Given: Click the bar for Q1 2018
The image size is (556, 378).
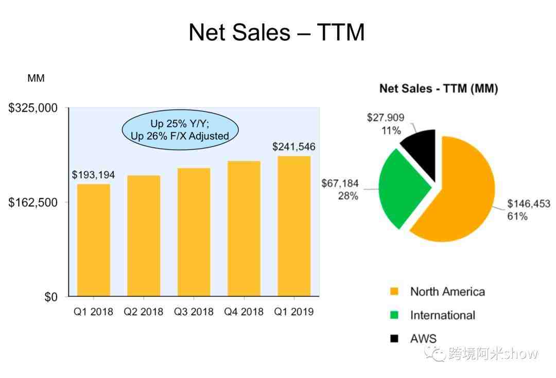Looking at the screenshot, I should pos(94,240).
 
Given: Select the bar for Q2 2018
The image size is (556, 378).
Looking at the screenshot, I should pos(144,236).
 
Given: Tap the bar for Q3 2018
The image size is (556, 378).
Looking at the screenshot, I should pos(194,232).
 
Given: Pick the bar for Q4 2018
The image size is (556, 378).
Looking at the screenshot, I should pos(244,228).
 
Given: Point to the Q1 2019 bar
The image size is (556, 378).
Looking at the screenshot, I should pos(294,226).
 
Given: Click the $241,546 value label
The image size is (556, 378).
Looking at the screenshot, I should pos(294,147).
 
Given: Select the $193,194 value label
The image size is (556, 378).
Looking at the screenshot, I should pos(93,175).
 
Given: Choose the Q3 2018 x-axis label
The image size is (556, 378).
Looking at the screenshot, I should pos(194,312).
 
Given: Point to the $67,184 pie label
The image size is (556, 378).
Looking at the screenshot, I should pos(340,184).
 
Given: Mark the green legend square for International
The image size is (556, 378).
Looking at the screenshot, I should pos(394,315).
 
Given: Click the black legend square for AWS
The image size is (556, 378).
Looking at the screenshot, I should pos(394,338).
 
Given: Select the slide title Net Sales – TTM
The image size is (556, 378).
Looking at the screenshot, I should pos(277,33).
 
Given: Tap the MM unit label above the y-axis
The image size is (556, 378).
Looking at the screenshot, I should pos(36,78).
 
